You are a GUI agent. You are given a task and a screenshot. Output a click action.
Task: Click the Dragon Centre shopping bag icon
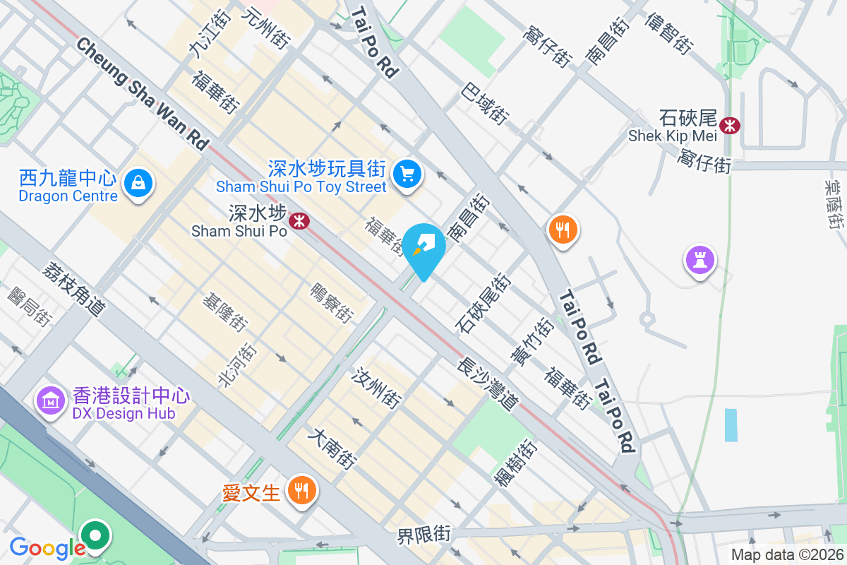tap(139, 184)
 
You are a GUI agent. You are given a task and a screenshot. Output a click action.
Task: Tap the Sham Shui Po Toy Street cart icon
tap(407, 173)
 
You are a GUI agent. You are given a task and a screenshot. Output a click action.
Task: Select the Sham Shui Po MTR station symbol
tap(301, 221)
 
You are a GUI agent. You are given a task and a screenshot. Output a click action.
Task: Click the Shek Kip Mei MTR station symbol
tap(730, 126)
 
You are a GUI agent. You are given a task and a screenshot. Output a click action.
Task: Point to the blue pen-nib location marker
tap(426, 246)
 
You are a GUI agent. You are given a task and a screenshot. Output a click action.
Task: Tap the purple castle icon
tap(699, 260)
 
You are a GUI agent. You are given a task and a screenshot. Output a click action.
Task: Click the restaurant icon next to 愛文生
tap(302, 490)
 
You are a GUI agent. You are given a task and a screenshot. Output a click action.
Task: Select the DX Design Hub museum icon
tap(51, 401)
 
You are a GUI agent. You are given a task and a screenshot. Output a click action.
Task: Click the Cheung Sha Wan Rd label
tap(144, 95)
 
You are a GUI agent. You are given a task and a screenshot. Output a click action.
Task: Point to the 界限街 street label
tap(423, 534)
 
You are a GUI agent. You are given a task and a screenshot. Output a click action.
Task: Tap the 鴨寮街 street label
tap(331, 300)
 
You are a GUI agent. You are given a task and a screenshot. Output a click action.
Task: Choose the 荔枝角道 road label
tap(74, 289)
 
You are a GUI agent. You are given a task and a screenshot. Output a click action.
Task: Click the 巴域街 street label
tap(485, 103)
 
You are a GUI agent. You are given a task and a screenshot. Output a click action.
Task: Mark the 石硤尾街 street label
tap(484, 303)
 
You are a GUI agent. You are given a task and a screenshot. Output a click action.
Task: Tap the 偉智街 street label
tap(668, 32)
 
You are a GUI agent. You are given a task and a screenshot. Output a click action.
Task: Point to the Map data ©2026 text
tap(786, 554)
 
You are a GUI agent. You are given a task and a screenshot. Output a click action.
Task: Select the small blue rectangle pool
tap(731, 425)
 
